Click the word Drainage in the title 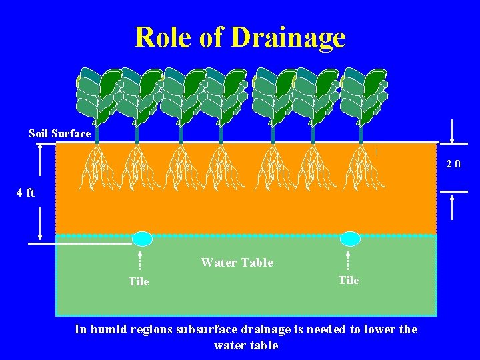[288, 37]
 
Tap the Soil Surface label [59, 133]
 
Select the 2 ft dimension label [453, 164]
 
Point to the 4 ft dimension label [26, 193]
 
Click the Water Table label [237, 263]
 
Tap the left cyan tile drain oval [142, 239]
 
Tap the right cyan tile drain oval [350, 239]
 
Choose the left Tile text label [139, 281]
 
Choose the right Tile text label [349, 280]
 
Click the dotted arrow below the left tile [139, 261]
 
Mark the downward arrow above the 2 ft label [453, 131]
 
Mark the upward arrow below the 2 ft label [453, 205]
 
